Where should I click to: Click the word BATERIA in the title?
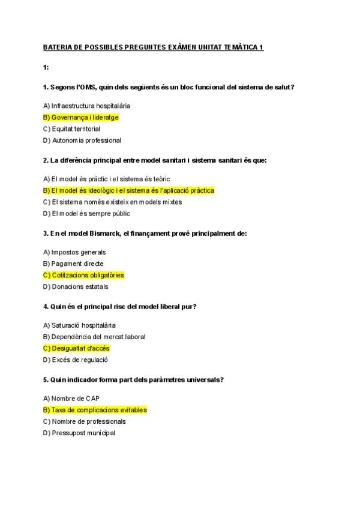58,47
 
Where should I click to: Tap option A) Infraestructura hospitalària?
86,106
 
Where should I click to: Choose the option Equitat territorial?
71,129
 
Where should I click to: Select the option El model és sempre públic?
86,214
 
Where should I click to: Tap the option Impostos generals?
74,252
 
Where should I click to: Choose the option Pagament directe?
73,264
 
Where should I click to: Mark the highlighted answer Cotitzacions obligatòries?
83,275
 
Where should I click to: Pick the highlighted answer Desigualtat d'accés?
76,348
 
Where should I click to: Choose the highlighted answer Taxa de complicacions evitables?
95,410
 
